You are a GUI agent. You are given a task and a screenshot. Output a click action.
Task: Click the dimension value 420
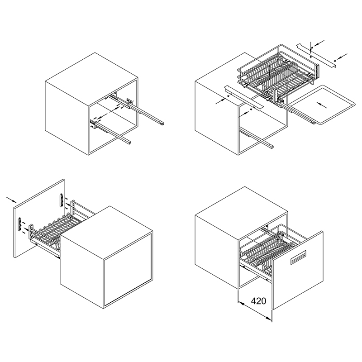click(x=258, y=301)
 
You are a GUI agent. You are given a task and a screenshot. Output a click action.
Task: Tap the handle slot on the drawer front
click(x=298, y=257)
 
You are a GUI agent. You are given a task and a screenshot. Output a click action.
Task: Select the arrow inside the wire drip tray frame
click(x=322, y=105)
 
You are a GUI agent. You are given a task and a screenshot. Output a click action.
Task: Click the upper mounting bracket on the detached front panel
click(x=62, y=200)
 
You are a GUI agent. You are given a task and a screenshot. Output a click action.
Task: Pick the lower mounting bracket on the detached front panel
click(x=20, y=224)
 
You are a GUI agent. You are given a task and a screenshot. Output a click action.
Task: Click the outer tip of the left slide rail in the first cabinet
click(x=129, y=143)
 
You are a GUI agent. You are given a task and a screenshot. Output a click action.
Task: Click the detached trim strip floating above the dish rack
click(x=316, y=55)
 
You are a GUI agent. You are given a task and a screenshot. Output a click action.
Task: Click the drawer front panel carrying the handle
click(x=298, y=270)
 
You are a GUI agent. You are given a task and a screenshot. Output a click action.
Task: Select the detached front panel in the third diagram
click(x=39, y=218)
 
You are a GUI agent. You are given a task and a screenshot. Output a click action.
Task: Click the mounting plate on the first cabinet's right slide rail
click(x=130, y=101)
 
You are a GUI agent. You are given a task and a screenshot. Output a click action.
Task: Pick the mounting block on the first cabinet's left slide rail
click(x=93, y=124)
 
